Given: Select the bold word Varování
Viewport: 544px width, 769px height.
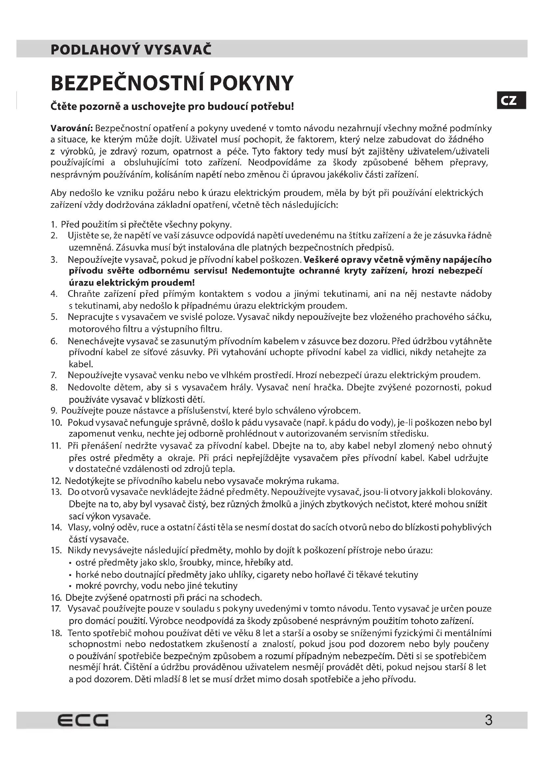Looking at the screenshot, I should tap(71, 128).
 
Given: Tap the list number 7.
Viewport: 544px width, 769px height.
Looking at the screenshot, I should tap(54, 375).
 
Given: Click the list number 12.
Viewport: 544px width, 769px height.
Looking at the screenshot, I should tap(55, 481).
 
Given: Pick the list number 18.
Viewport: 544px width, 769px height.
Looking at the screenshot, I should tap(56, 633).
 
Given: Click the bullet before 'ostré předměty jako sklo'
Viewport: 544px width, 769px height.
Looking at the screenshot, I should tap(70, 563).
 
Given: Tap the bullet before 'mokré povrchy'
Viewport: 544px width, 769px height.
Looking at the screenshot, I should tap(70, 586).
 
